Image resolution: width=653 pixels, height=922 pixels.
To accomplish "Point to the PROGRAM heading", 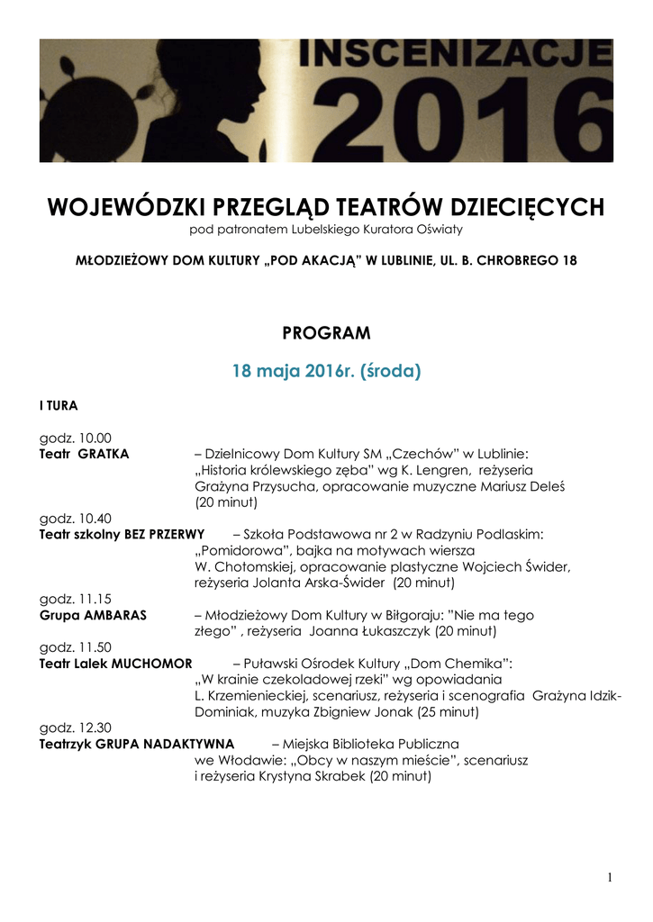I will (x=326, y=333).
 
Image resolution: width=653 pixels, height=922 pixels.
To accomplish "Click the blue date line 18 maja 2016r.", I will (x=326, y=370).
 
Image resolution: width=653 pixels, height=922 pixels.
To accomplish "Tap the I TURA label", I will (x=58, y=406).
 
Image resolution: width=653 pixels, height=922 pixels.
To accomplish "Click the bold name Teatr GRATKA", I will (x=84, y=454).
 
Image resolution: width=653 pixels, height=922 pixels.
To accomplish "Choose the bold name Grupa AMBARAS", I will (x=93, y=615).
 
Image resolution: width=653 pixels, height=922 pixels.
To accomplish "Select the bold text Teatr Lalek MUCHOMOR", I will (x=115, y=664).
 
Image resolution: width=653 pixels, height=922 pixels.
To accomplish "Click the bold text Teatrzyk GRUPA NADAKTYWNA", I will (x=136, y=744).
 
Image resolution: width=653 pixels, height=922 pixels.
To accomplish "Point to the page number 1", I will (x=610, y=878).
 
